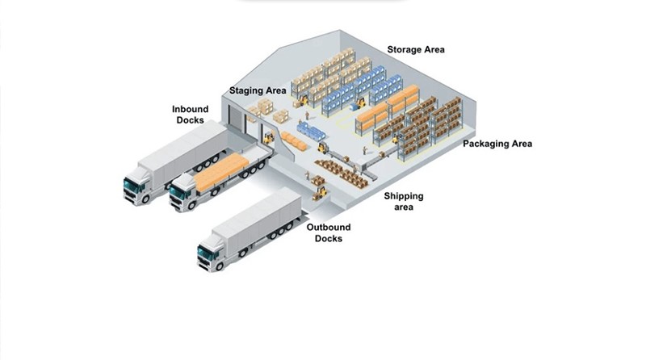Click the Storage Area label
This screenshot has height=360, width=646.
416,49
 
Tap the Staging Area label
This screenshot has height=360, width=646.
258,90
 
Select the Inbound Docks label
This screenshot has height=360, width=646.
190,115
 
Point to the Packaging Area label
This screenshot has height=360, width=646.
497,144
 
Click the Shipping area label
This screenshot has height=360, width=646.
403,202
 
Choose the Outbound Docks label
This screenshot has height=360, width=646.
328,233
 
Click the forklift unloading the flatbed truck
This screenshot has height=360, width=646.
268,140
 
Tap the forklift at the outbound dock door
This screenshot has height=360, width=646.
320,192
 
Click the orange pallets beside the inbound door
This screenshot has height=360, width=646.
295,143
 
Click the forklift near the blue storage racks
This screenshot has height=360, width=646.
360,103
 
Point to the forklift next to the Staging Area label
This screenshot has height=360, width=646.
302,102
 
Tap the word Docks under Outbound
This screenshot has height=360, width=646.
328,239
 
